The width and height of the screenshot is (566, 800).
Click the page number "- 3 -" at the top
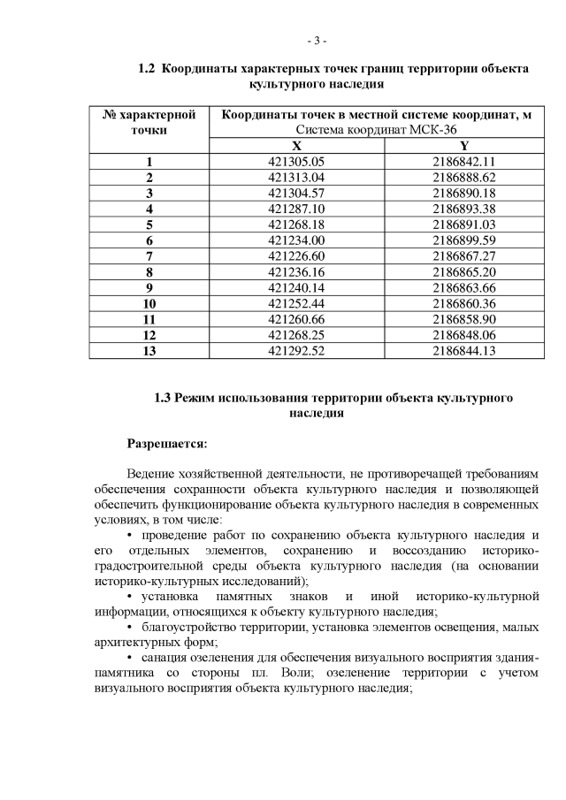pyautogui.click(x=317, y=41)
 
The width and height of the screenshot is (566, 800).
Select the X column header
pyautogui.click(x=296, y=146)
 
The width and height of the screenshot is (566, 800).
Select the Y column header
pyautogui.click(x=463, y=146)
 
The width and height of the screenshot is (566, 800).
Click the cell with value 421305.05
pyautogui.click(x=296, y=162)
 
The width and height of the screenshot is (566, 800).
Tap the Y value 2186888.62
pyautogui.click(x=463, y=177)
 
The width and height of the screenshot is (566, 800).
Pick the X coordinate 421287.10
pyautogui.click(x=296, y=208)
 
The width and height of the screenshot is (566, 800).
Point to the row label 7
pyautogui.click(x=149, y=255)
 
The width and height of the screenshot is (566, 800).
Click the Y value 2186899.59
pyautogui.click(x=463, y=240)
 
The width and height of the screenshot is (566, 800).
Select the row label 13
pyautogui.click(x=149, y=350)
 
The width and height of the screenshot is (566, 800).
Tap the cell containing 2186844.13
pyautogui.click(x=463, y=350)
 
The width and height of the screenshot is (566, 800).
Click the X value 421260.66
pyautogui.click(x=296, y=318)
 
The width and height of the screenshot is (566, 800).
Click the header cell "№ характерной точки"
pyautogui.click(x=149, y=122)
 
